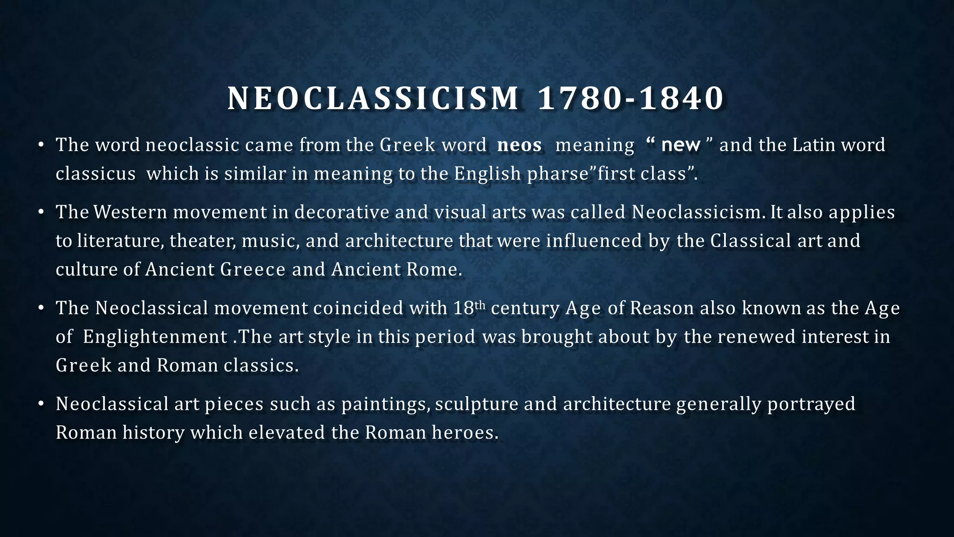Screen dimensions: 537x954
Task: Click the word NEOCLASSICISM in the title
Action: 373,99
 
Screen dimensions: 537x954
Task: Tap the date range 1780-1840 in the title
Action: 631,99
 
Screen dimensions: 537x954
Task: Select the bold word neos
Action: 519,145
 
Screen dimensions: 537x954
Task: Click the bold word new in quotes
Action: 681,145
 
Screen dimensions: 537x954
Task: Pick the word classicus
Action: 95,174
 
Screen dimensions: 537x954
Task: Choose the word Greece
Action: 252,269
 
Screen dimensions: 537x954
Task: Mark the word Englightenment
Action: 155,337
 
